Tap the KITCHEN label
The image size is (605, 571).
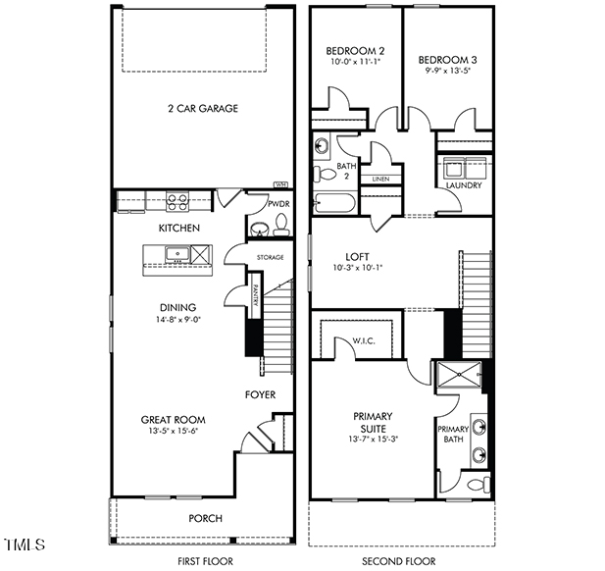point(179,229)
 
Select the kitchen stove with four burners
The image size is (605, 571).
point(177,203)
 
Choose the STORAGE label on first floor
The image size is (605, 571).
point(271,258)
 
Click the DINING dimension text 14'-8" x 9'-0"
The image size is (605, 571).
point(177,320)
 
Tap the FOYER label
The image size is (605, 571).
point(260,395)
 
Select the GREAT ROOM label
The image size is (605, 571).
point(172,420)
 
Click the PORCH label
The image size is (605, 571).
point(206,518)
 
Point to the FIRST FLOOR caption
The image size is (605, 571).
point(204,561)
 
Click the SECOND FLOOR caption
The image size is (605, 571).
point(398,561)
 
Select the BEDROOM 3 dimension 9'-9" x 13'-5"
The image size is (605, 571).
point(447,71)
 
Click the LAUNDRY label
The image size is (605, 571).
point(464,184)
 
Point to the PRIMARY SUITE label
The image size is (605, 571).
point(373,422)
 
